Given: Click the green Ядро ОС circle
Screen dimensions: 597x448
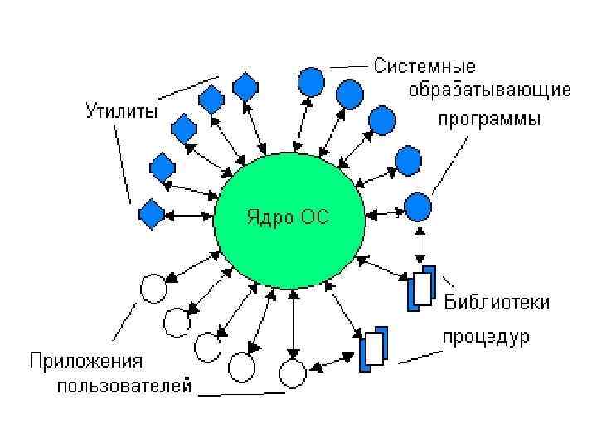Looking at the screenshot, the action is click(288, 220).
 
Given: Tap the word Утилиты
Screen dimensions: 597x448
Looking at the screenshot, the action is click(122, 110).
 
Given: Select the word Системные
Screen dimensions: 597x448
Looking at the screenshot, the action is click(425, 66).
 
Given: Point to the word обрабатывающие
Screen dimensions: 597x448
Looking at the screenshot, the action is click(488, 89).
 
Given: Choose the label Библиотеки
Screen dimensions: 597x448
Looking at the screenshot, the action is click(497, 302).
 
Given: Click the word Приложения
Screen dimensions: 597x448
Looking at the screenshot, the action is click(86, 362).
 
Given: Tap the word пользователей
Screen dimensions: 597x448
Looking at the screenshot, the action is click(124, 386).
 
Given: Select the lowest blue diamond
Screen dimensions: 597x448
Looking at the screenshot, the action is click(152, 213).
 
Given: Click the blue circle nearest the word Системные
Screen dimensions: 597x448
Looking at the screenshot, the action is click(310, 80).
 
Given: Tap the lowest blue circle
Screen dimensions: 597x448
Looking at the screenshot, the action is click(418, 206).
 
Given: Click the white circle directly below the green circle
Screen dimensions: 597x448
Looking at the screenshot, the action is click(291, 373).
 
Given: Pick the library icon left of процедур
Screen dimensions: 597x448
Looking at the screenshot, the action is click(372, 349).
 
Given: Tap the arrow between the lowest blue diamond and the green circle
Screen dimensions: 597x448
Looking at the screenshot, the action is click(190, 214).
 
